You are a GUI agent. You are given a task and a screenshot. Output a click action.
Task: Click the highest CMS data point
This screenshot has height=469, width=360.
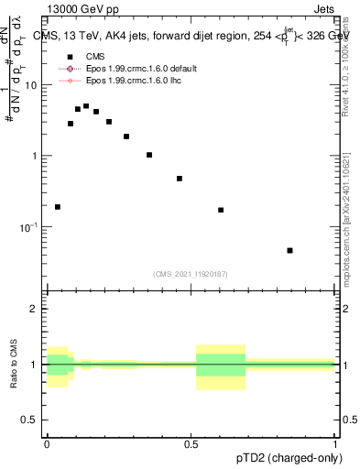86,106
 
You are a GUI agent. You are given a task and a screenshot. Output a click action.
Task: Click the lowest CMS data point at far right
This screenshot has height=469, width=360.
289,250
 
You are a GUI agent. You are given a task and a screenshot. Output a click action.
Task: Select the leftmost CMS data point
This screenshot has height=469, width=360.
58,207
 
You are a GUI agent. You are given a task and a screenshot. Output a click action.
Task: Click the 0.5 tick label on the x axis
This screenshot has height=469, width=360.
191,443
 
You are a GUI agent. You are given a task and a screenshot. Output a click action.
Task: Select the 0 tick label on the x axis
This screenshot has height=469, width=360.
48,443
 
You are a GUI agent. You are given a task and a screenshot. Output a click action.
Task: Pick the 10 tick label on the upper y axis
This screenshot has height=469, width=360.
32,85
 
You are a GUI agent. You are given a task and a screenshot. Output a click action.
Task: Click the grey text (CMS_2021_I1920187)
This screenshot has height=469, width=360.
191,274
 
